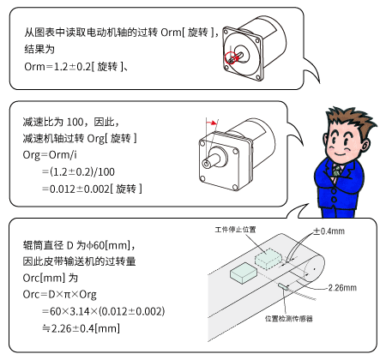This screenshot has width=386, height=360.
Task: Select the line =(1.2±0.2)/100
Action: (82, 171)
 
